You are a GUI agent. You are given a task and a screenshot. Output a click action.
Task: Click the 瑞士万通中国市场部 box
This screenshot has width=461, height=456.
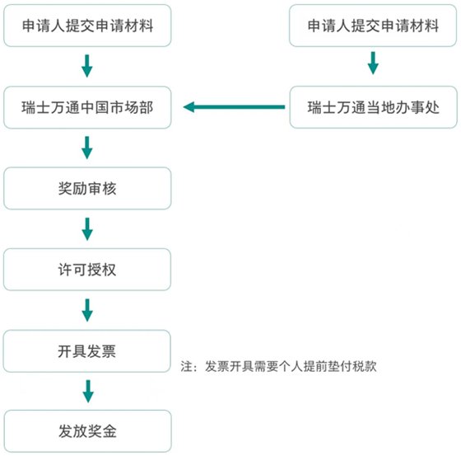click(x=87, y=107)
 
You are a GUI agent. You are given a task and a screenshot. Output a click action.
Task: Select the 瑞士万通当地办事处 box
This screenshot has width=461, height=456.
click(x=372, y=107)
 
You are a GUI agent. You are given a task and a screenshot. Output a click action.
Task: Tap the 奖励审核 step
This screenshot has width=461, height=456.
click(x=87, y=188)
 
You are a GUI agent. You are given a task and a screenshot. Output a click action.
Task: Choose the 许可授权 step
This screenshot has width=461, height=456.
click(x=87, y=269)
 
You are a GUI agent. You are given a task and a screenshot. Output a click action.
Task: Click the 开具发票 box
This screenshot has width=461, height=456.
click(x=87, y=350)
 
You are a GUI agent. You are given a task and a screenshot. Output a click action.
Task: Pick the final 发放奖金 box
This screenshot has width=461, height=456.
click(x=87, y=430)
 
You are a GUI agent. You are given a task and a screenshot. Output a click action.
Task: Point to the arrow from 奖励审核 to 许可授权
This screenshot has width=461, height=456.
click(x=87, y=228)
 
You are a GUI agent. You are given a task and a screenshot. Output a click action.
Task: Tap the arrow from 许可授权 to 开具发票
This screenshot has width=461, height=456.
click(x=87, y=310)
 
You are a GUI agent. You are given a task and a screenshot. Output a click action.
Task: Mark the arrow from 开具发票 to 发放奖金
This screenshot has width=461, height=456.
click(x=87, y=390)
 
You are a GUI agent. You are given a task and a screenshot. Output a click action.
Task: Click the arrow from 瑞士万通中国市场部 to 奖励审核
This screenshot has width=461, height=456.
click(x=87, y=148)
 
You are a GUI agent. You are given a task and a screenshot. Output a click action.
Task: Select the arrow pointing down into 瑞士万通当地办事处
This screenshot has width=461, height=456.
click(x=372, y=63)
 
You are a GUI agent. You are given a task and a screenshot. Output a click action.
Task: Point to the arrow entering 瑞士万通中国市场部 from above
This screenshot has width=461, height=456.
click(x=87, y=66)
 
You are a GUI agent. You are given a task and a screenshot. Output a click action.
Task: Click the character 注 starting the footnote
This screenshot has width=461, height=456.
click(x=186, y=366)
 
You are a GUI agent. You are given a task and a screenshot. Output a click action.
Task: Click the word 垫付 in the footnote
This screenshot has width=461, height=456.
click(x=342, y=366)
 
